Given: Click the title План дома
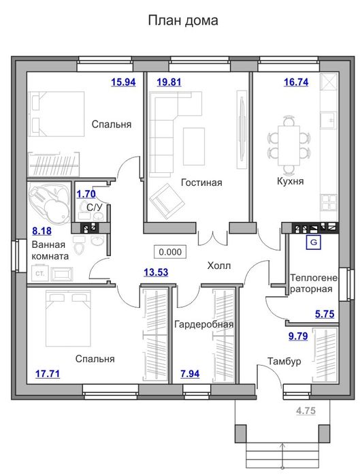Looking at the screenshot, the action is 183,20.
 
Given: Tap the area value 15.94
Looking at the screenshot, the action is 123,82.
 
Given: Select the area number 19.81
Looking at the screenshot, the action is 169,82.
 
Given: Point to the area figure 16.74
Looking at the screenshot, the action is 296,82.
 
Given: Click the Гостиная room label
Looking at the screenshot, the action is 201,183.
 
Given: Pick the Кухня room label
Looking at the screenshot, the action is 290,181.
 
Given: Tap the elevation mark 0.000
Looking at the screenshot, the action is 170,252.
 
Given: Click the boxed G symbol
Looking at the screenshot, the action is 314,242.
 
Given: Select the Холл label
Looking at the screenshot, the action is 219,266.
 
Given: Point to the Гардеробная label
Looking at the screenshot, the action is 203,324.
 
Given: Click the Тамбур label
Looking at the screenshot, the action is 284,361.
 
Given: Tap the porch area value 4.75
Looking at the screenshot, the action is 306,411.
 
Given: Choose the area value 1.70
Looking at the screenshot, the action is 86,193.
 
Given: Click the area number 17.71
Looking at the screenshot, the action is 48,373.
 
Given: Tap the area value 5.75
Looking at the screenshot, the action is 325,314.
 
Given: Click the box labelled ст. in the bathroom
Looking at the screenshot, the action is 39,274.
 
